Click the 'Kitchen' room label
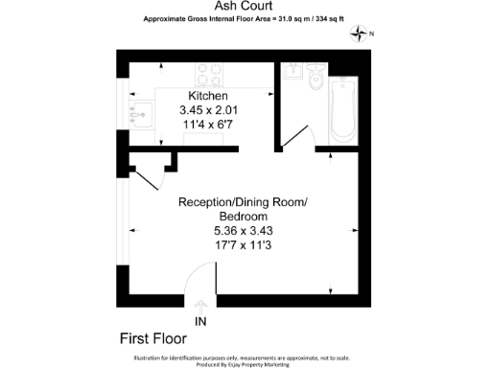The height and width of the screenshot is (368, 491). click(208, 97)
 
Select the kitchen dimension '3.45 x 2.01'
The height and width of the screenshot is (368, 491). click(208, 110)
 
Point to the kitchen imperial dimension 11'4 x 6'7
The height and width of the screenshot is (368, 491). click(208, 124)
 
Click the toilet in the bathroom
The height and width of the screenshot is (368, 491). click(315, 81)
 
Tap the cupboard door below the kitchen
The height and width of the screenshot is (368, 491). click(147, 175)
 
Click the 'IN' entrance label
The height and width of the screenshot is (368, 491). click(200, 321)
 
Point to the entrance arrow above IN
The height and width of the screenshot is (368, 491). click(200, 306)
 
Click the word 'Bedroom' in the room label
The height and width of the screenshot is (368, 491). click(243, 217)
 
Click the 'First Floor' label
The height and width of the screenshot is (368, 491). click(153, 338)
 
